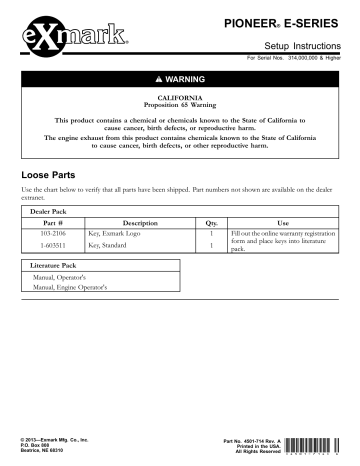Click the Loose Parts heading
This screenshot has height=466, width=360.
click(46, 172)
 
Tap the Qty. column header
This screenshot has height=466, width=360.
click(211, 223)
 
